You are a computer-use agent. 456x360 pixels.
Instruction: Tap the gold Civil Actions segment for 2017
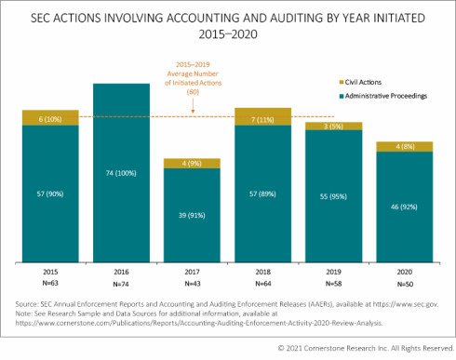193,163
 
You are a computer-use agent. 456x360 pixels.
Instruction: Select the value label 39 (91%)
193,213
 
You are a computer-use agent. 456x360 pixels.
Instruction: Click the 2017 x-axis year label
193,271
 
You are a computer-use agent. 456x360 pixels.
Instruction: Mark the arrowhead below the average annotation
192,113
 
